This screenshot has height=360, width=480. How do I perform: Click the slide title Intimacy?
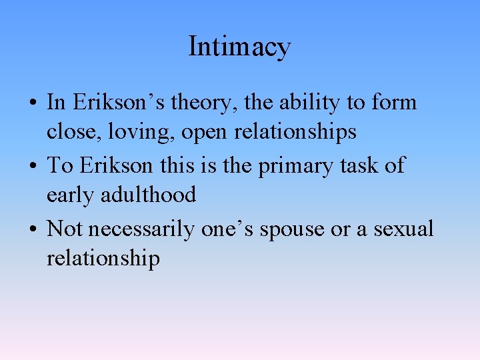[x=239, y=47]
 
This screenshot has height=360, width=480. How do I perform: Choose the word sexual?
[x=403, y=229]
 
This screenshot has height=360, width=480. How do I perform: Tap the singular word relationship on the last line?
[x=103, y=259]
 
